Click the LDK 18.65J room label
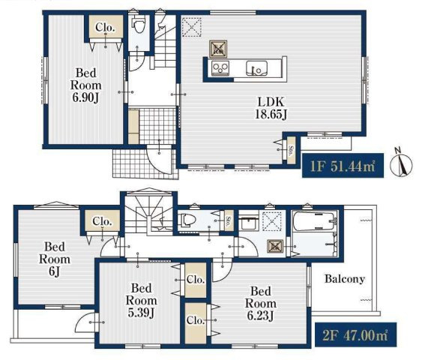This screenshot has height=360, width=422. coord(271,108)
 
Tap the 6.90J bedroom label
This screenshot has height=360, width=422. coord(86,85)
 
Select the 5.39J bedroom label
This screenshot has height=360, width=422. coord(142,301)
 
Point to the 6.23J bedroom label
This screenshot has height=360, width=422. coord(261,304)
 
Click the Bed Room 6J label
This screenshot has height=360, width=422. coord(55,259)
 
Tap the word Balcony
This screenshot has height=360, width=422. coord(345,279)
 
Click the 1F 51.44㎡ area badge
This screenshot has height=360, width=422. coord(343,166)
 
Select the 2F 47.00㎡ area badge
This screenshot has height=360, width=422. coord(355,334)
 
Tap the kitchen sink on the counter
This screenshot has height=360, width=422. coord(257,68)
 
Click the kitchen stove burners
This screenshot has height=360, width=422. coord(220,68)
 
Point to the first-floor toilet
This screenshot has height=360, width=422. coord(139,23)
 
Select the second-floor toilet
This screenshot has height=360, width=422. coord(187,220)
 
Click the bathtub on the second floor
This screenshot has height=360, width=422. coord(315,221)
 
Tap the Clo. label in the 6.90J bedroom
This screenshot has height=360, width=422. coord(105,27)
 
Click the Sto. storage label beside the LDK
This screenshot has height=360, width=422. coord(291,151)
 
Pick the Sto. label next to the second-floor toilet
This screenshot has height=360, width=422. coord(229,220)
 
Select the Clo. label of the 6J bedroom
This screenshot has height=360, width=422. coord(102,221)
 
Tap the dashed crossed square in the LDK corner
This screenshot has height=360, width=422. coord(191,27)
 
